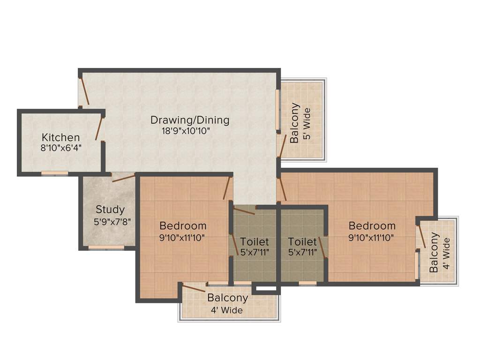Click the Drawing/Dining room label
click(x=190, y=120)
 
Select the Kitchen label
click(x=61, y=137)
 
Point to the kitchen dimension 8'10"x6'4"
click(x=61, y=147)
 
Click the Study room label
click(x=110, y=210)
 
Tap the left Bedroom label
click(x=183, y=225)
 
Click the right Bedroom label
click(x=372, y=226)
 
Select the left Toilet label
click(x=255, y=242)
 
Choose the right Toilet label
click(x=302, y=242)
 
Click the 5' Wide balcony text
click(x=307, y=123)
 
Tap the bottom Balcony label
click(x=227, y=298)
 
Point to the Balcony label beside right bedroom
click(x=435, y=252)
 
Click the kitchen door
click(x=99, y=128)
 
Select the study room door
click(x=123, y=177)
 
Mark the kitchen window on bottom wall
click(x=54, y=173)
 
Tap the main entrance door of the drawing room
click(x=84, y=90)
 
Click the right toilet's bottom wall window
click(x=307, y=283)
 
